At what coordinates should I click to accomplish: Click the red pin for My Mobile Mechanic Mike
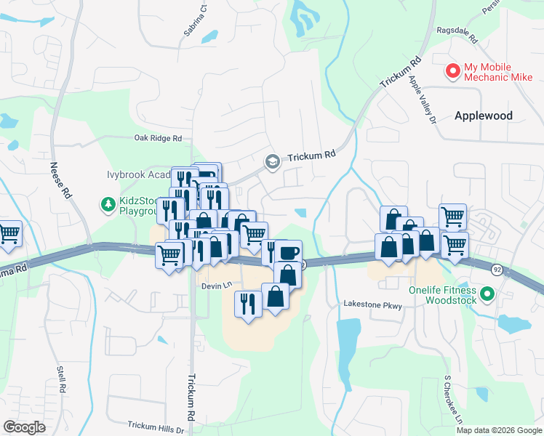(x=452, y=71)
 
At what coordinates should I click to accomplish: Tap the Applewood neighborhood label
(x=483, y=116)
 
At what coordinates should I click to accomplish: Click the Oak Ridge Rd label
(x=157, y=137)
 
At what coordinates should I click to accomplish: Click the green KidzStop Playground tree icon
(x=108, y=205)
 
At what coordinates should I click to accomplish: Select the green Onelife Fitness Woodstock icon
(x=487, y=294)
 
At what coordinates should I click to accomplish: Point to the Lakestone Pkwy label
(x=372, y=306)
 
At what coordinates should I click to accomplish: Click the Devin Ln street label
(x=216, y=286)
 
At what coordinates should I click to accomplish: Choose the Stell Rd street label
(x=61, y=381)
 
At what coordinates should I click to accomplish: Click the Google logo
(x=24, y=427)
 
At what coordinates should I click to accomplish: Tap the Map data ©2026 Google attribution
(x=499, y=430)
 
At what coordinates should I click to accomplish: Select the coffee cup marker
(x=288, y=252)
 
